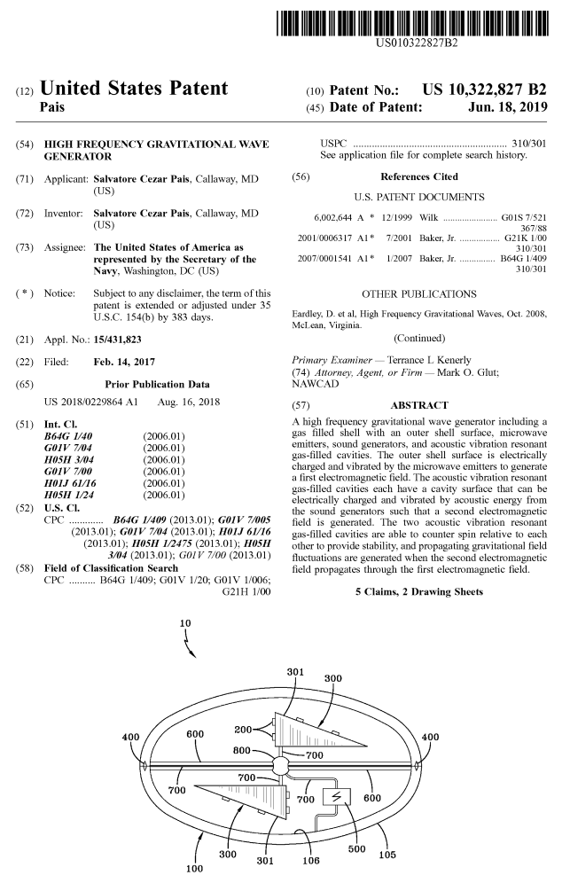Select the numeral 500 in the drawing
pos(357,848)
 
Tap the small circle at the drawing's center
pos(283,765)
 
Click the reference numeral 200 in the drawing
pos(244,729)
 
